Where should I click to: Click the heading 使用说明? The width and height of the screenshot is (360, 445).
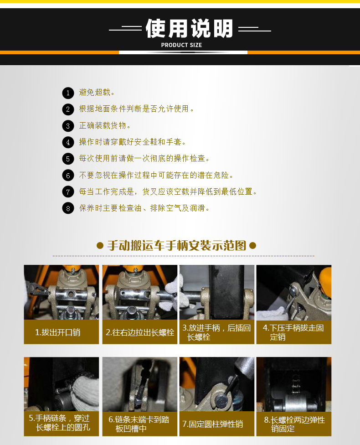pos(189,28)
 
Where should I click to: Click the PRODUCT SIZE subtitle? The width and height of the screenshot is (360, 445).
pos(181,45)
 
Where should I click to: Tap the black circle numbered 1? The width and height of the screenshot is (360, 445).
pos(68,93)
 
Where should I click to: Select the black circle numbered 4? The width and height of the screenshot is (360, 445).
pos(68,142)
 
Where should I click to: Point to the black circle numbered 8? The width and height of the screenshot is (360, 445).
pos(68,208)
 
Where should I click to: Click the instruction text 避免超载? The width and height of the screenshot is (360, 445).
pos(97,92)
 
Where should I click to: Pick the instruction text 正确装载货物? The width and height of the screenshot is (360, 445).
pos(105,125)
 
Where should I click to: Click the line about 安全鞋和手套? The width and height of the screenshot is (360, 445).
pos(132,142)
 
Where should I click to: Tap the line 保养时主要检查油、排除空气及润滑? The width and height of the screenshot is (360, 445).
pos(144,208)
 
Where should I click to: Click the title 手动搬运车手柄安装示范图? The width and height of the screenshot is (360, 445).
pos(176,245)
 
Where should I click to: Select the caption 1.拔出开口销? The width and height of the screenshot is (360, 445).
pos(57,332)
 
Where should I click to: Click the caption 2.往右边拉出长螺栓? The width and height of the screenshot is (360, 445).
pos(140,332)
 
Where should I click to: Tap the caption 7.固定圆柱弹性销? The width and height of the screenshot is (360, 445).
pos(213,424)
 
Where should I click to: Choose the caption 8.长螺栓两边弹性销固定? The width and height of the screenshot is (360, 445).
pos(294,424)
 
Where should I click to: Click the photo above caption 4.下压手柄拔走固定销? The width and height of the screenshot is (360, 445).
pos(294,293)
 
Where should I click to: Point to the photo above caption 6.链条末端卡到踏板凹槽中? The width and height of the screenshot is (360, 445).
pos(140,384)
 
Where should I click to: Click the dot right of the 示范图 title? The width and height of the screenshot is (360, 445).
pos(252,245)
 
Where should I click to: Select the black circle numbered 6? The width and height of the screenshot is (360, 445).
pos(68,175)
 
